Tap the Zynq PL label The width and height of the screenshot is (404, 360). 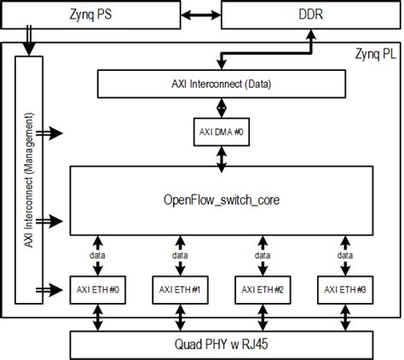375,53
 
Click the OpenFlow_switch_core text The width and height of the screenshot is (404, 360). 221,200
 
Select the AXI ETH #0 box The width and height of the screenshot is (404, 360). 96,290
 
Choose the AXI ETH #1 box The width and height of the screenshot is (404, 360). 179,290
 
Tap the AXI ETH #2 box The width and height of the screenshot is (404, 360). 262,290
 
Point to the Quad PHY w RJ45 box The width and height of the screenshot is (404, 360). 222,345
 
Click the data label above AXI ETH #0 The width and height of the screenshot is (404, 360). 95,254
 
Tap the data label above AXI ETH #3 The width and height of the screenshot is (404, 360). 345,254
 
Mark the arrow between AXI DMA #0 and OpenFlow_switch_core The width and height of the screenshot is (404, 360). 221,155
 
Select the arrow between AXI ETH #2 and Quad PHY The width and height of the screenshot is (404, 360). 262,317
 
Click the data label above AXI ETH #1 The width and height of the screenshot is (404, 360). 179,254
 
